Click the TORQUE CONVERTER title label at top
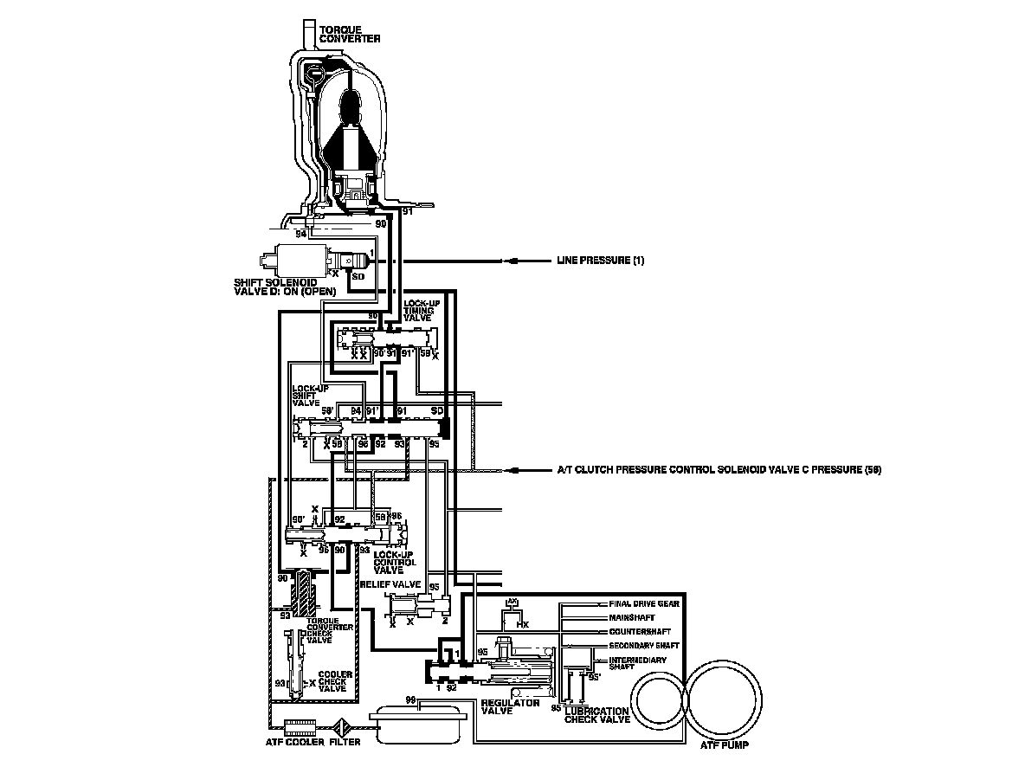[350, 34]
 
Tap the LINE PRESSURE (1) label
[600, 261]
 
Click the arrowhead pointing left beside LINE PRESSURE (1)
[514, 261]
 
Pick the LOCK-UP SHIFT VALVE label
[310, 395]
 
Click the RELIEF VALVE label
[390, 584]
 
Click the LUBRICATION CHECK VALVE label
[597, 714]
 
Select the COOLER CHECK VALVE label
[332, 681]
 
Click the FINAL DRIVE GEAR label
[644, 603]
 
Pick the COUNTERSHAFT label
[640, 631]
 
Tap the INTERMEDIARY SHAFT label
[638, 664]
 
